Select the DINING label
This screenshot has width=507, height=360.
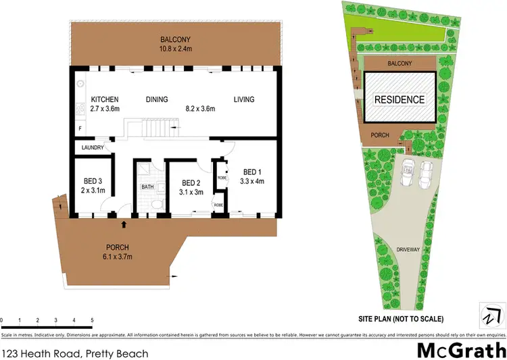coord(156,100)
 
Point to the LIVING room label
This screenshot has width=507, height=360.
coord(244,100)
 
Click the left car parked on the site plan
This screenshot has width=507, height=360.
coord(408,174)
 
